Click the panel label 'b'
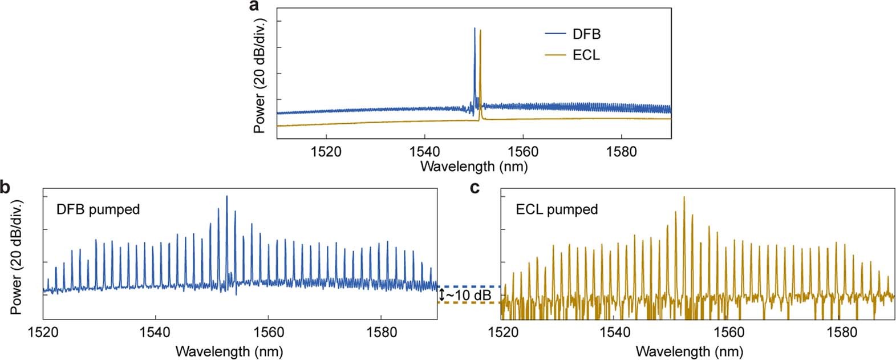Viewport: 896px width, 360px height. click(5, 187)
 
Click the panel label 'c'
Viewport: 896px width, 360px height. click(474, 187)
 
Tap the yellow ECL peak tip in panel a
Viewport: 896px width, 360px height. click(480, 31)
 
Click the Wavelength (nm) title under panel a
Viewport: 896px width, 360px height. click(473, 167)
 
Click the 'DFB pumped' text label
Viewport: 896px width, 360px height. click(98, 209)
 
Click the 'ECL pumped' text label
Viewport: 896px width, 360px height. click(557, 209)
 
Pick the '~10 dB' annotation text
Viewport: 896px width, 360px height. click(468, 295)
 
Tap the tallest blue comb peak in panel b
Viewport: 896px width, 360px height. click(227, 197)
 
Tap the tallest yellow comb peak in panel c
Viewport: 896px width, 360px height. click(683, 198)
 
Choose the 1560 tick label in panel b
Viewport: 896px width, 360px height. click(267, 332)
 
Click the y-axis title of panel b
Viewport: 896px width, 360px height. click(17, 257)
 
